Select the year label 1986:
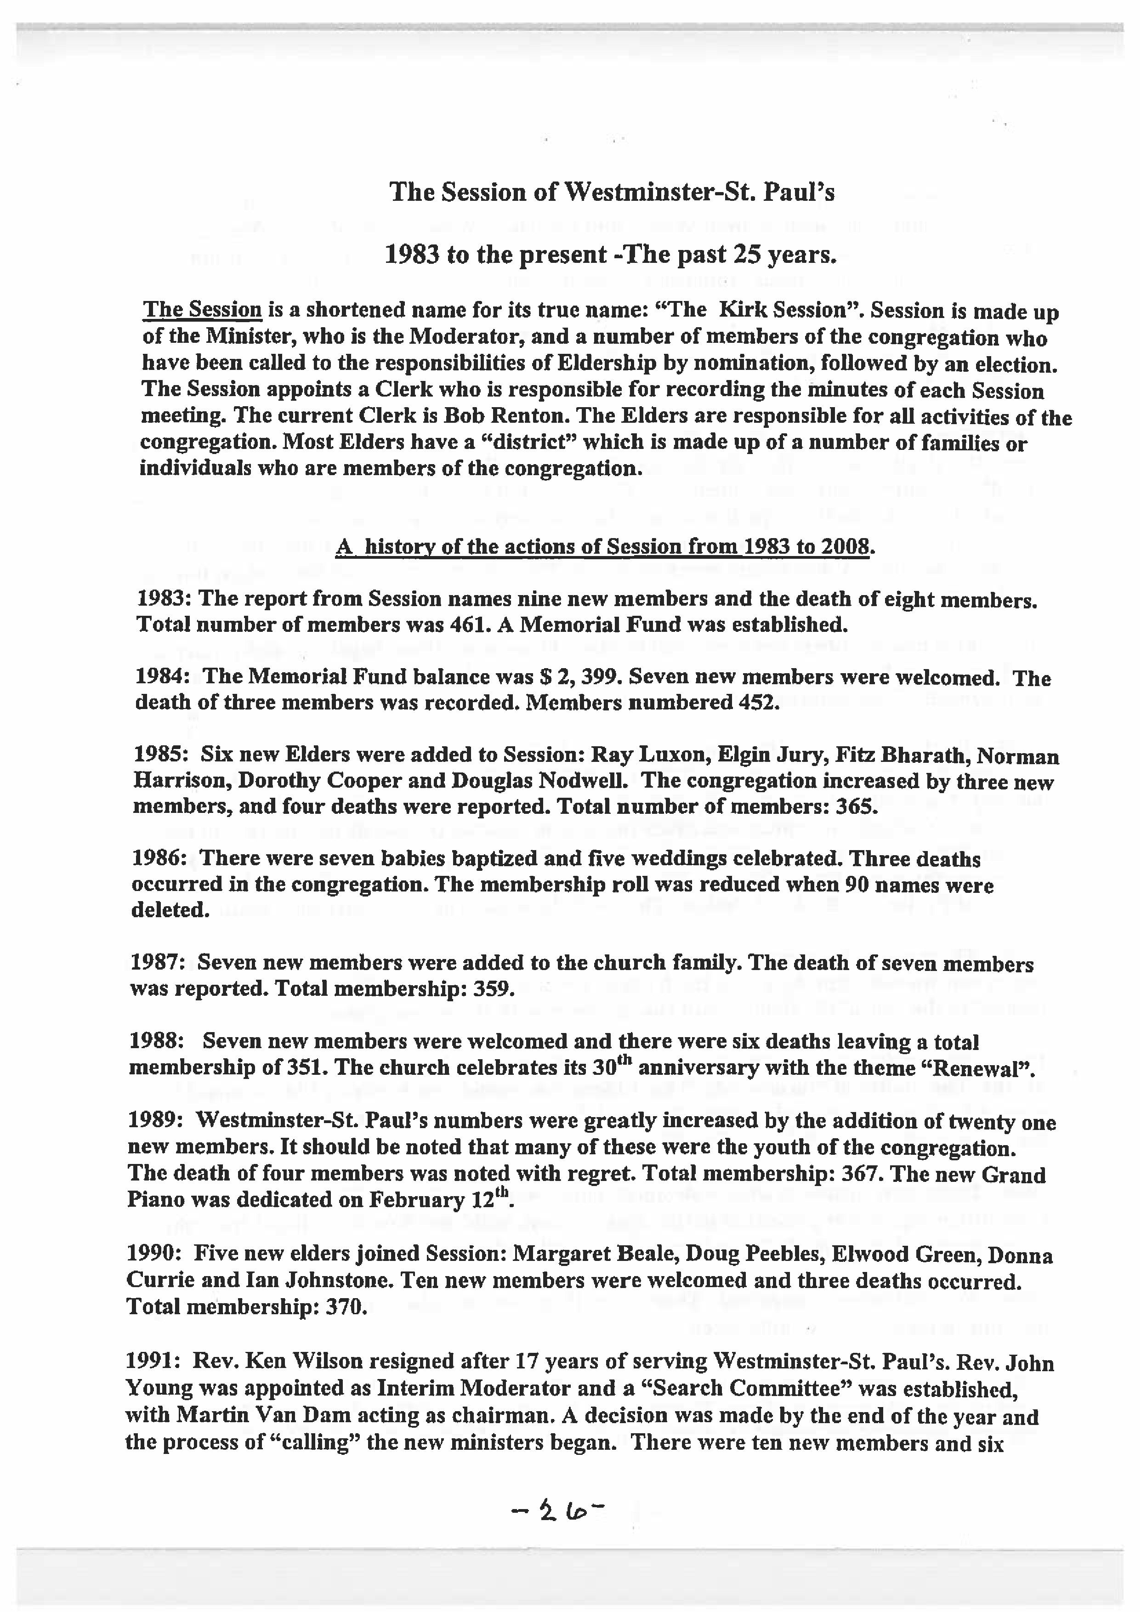[x=161, y=858]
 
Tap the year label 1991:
[x=154, y=1362]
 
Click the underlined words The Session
[x=202, y=310]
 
